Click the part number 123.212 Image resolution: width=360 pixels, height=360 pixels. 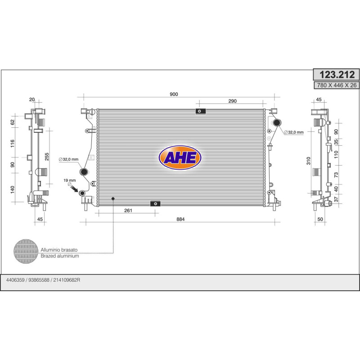337,75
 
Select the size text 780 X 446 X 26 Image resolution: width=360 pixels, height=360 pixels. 337,85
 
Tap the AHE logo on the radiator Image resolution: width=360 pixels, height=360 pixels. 180,157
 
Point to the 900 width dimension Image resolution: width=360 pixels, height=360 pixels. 174,94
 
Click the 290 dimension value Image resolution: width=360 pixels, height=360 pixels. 232,101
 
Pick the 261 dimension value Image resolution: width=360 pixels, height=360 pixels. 128,210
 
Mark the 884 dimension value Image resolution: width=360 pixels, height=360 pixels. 180,219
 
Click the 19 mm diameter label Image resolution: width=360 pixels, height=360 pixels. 70,180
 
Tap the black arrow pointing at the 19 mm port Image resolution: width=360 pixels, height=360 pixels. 74,189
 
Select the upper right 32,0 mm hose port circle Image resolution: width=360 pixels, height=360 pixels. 277,122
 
